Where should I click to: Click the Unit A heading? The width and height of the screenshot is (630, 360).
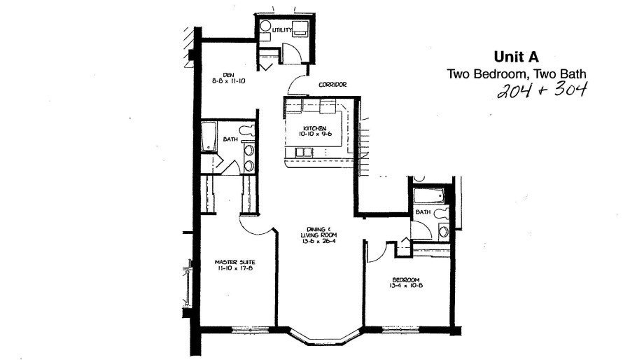pos(516,57)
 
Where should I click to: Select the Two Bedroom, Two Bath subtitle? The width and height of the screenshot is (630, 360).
pos(517,74)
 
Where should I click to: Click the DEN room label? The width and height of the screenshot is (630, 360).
pos(228,75)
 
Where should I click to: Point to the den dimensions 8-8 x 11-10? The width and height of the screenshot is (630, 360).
pos(228,81)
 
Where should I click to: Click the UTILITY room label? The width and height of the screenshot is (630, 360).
pos(282,30)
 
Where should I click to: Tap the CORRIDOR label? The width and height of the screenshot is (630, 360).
pos(332,85)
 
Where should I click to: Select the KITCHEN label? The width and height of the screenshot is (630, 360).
pos(315,128)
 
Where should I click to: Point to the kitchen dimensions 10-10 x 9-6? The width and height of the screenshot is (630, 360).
pos(315,134)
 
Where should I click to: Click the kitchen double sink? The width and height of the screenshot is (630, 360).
pos(304,152)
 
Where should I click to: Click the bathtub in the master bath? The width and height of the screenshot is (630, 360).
pos(209,137)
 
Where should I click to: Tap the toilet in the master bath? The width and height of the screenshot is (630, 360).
pos(246,130)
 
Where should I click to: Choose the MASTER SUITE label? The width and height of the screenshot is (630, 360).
pos(234,263)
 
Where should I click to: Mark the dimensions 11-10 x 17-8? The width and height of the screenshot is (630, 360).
pos(234,268)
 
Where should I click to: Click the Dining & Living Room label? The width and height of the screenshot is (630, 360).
pos(318,233)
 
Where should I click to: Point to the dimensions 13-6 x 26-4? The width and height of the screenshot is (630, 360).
pos(318,241)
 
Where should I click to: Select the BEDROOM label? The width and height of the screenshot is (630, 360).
pos(406,280)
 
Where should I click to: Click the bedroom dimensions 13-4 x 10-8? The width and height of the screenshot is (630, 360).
pos(406,286)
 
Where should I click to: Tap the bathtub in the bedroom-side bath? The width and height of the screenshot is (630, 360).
pos(428,196)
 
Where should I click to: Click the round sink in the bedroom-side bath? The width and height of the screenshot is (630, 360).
pos(444,231)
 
